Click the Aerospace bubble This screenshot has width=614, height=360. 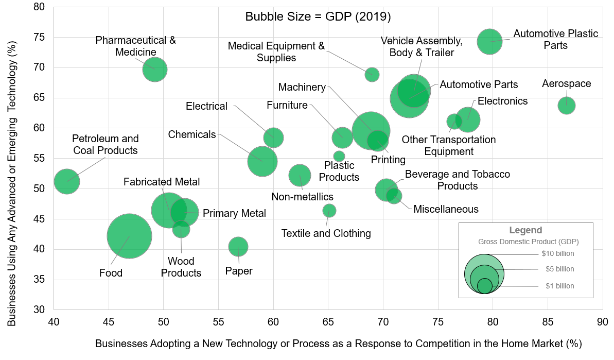[x=566, y=105]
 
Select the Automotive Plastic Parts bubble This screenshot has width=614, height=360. [x=489, y=41]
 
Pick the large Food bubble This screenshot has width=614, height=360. [x=129, y=236]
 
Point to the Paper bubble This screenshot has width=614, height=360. [x=238, y=247]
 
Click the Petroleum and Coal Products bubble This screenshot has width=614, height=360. [x=66, y=181]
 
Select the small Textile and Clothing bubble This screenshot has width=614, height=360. [x=329, y=210]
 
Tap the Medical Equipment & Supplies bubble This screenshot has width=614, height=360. [x=372, y=74]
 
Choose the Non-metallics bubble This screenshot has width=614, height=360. [x=300, y=175]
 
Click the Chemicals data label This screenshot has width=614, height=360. [x=192, y=134]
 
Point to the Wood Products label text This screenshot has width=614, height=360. [x=181, y=267]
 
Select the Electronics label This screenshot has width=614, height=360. [x=502, y=101]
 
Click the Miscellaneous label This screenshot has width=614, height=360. [x=446, y=209]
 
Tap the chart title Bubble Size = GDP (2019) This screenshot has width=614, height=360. [x=318, y=16]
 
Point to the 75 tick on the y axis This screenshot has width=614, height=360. [x=39, y=37]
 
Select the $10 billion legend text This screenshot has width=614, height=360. [x=557, y=253]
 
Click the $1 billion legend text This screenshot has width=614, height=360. [x=559, y=286]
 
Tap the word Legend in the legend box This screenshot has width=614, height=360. [x=525, y=230]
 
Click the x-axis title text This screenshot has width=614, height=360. [x=338, y=343]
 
